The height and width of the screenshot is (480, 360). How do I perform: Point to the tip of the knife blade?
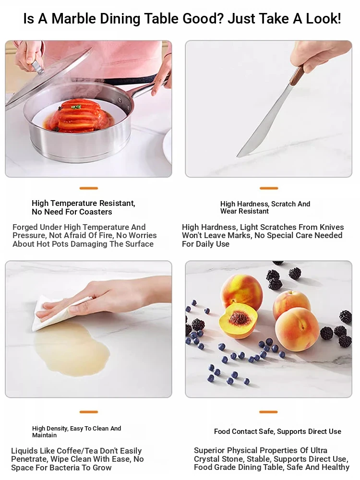click(x=238, y=156)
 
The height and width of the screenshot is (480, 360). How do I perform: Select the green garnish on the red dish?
click(x=75, y=107)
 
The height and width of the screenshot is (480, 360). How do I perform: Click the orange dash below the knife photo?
click(x=269, y=188)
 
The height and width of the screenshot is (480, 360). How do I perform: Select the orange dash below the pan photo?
click(x=89, y=188)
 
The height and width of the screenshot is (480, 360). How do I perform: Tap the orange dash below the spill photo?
click(x=89, y=412)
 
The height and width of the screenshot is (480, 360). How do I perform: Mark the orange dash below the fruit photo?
click(x=268, y=412)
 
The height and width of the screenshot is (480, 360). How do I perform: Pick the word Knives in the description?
click(x=332, y=227)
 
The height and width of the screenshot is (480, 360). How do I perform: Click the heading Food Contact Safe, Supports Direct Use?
click(x=277, y=432)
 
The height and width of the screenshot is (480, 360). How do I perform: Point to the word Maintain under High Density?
click(x=44, y=435)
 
